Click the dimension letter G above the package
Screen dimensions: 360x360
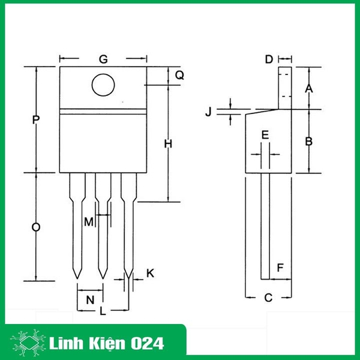103,59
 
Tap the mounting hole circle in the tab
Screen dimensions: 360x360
103,85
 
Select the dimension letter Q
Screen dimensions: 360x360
179,75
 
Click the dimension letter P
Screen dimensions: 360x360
36,120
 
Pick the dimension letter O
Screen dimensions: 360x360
36,227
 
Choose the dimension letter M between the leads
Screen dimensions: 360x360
89,222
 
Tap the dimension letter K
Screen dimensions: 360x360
151,273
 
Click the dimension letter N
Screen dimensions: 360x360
91,299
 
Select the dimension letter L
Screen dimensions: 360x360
103,311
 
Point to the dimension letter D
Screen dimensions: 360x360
269,59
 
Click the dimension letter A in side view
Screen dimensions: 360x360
309,88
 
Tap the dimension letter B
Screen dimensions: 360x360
308,142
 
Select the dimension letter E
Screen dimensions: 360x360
265,135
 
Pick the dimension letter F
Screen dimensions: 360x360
280,266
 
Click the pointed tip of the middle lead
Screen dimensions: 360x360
103,277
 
